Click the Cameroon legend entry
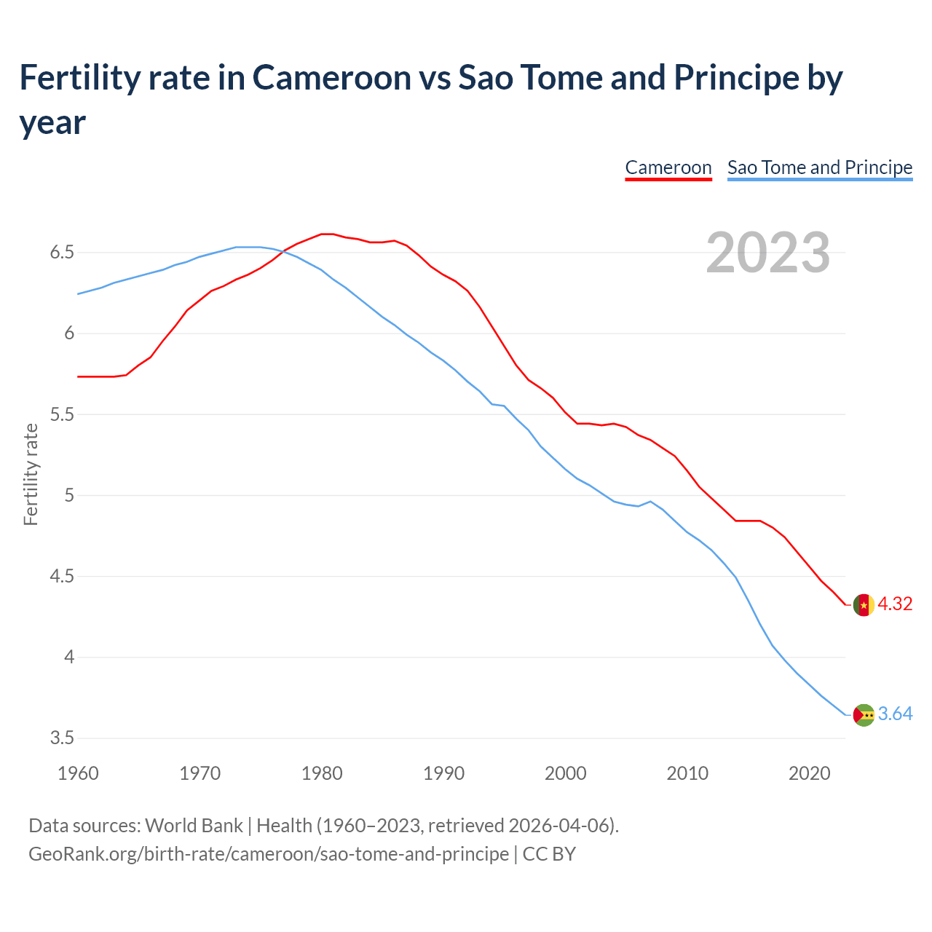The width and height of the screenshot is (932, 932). [x=668, y=167]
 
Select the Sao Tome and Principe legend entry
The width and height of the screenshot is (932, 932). [x=819, y=167]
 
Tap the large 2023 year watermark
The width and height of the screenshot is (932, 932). [x=767, y=253]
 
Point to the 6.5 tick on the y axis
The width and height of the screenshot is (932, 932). [x=62, y=253]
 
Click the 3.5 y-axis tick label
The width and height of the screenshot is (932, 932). [x=62, y=738]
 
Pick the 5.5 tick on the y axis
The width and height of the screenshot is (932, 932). [x=62, y=414]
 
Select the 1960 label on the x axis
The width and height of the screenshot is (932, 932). [x=78, y=773]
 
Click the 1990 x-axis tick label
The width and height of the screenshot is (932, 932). [x=443, y=773]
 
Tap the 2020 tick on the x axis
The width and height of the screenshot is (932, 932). [x=809, y=773]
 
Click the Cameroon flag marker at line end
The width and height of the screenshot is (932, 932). [x=864, y=605]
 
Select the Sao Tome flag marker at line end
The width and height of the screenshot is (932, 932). [x=864, y=715]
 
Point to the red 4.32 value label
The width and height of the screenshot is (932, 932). [x=895, y=604]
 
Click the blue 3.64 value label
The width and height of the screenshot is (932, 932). [x=895, y=714]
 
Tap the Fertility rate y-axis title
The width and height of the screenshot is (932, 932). [x=31, y=474]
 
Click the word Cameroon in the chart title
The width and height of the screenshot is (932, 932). [x=331, y=78]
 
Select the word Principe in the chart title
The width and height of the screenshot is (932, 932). [x=735, y=78]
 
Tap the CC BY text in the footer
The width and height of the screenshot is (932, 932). [x=549, y=853]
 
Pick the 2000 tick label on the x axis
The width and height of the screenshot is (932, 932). [x=565, y=773]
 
